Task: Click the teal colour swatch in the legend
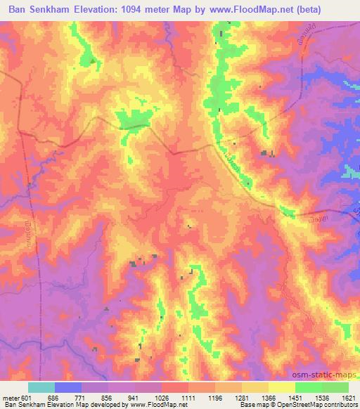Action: [41, 387]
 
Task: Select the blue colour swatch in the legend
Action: [67, 387]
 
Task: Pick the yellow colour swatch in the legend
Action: [281, 387]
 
